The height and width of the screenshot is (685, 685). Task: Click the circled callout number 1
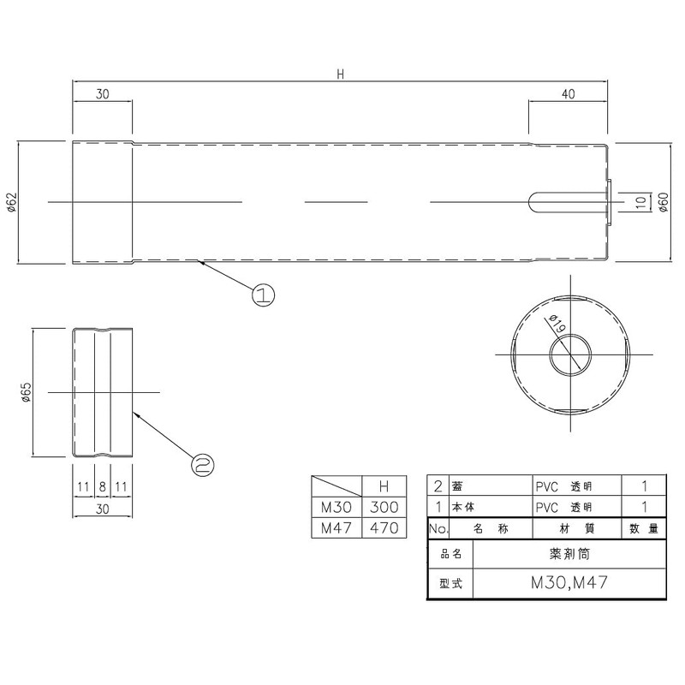coord(264,295)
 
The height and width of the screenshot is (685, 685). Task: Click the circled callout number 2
coord(203,464)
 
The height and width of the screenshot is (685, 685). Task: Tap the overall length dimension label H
coord(340,74)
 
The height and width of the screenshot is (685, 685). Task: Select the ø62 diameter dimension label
coord(11,202)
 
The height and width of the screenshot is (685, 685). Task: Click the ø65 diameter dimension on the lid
coord(27,392)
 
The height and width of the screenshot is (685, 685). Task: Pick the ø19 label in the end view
coord(557,324)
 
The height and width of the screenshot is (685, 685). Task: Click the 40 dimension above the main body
coord(568,94)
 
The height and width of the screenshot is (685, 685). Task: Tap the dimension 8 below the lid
coord(102,486)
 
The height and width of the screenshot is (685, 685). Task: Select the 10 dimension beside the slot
coord(640,202)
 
